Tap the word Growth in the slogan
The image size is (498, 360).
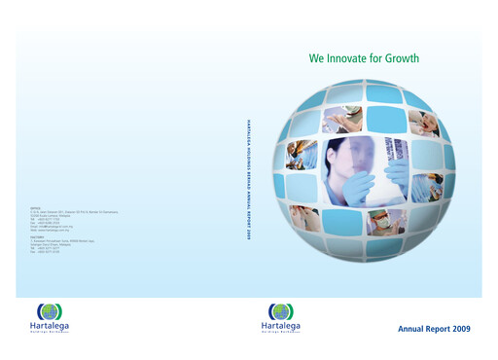[x=400, y=58]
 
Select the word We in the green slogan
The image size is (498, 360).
[x=316, y=58]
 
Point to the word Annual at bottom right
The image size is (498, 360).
[x=411, y=330]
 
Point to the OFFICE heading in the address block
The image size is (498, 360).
[x=36, y=206]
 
